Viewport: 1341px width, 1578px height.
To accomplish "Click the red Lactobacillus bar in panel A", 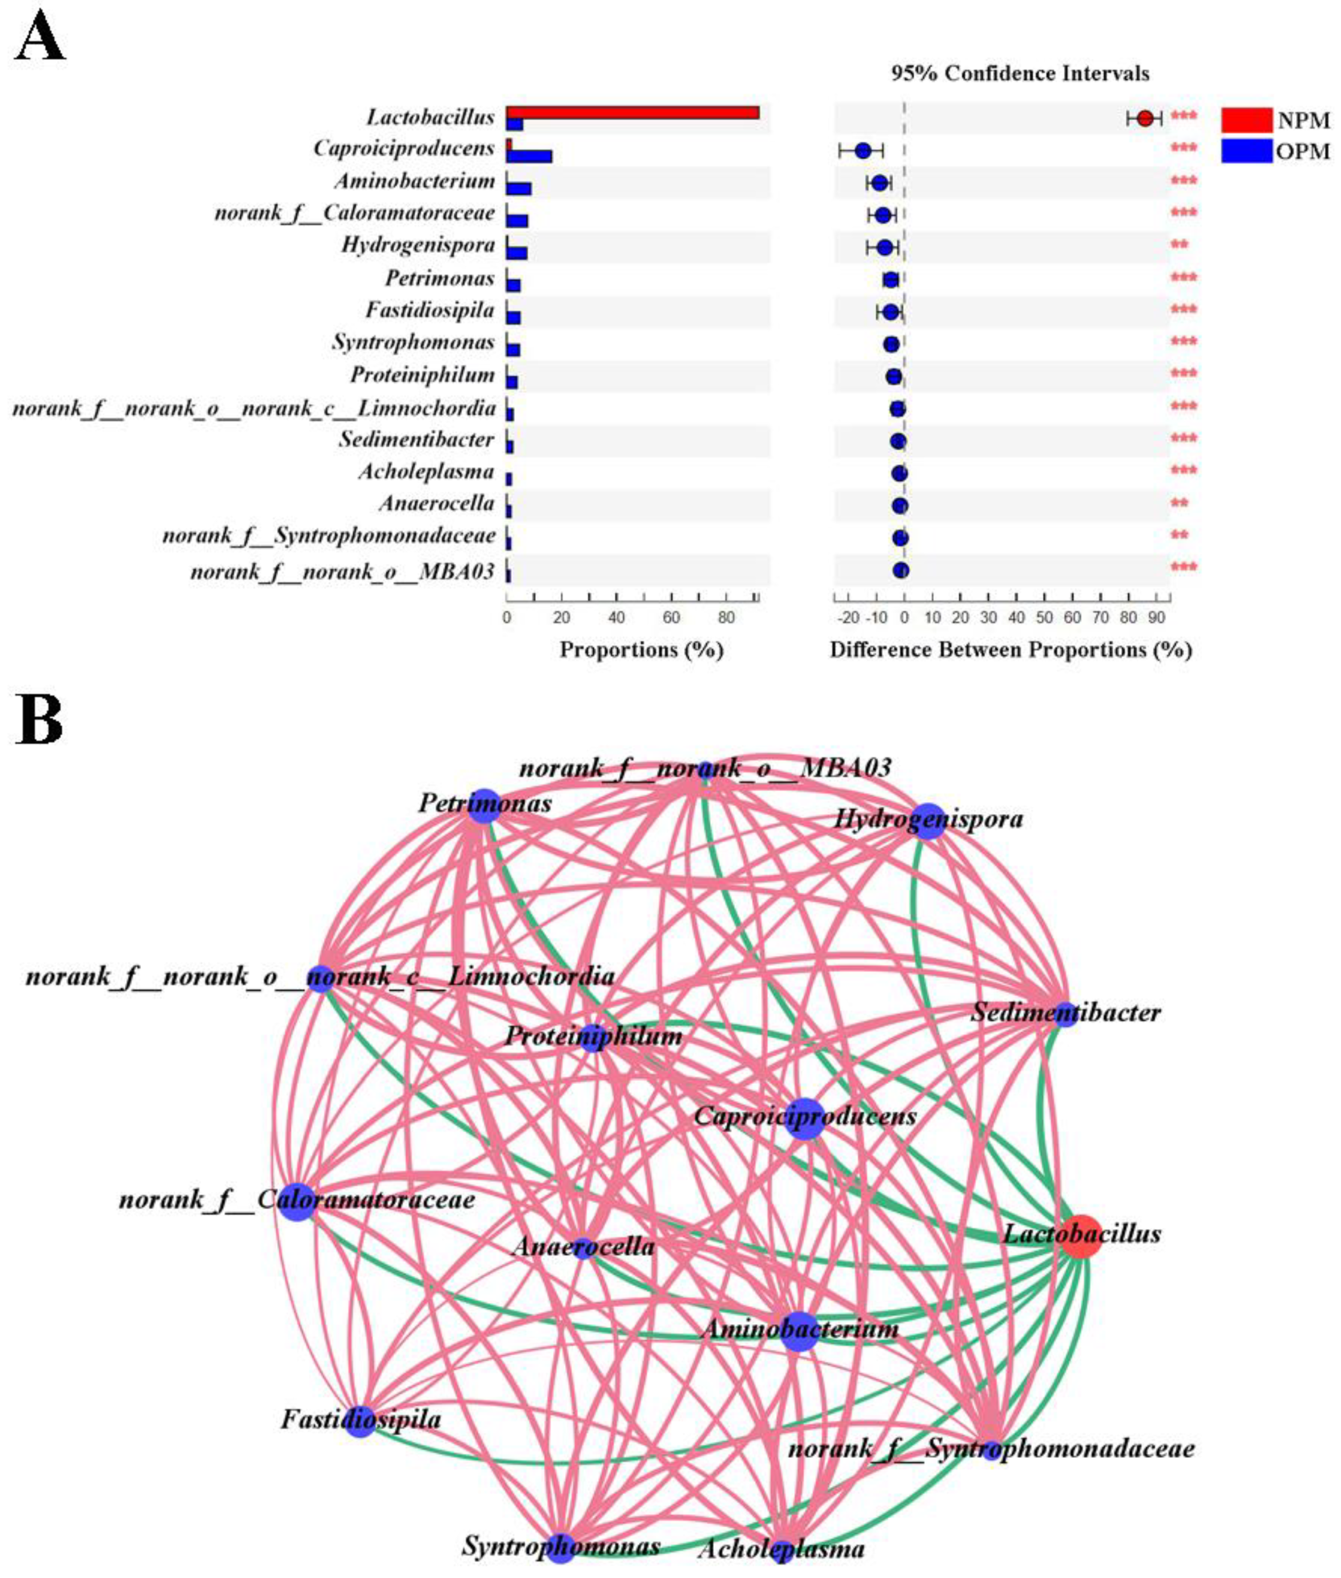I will pyautogui.click(x=632, y=113).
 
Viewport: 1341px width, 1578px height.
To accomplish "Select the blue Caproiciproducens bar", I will pyautogui.click(x=530, y=157).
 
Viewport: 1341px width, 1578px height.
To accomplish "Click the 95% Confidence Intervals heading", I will pyautogui.click(x=1020, y=74).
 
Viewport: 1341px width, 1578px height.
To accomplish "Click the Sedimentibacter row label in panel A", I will pyautogui.click(x=416, y=440).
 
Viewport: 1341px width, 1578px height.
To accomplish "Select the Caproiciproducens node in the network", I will pyautogui.click(x=804, y=1119).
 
